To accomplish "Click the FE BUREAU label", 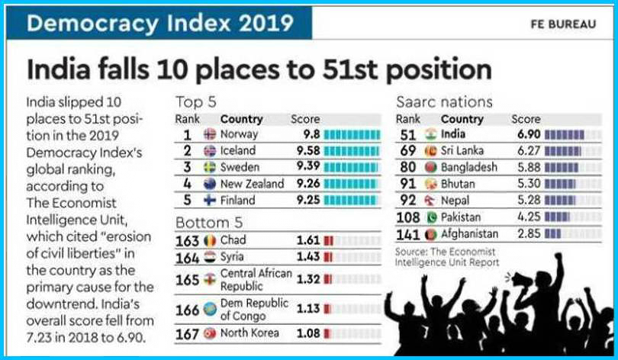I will point(563,24).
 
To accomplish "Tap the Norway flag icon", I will point(210,134).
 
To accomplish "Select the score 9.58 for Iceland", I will point(305,150).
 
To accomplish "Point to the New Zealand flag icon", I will point(210,184).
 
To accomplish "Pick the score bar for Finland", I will point(352,201).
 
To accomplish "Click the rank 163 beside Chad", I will point(188,240).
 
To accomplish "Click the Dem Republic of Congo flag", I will point(210,310).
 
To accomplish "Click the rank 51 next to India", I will point(409,134).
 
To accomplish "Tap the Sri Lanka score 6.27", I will point(526,150).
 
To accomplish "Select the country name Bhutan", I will point(458,184).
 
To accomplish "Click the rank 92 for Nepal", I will point(409,201).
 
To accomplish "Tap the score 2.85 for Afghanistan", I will point(526,233).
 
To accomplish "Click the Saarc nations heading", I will point(444,101).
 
